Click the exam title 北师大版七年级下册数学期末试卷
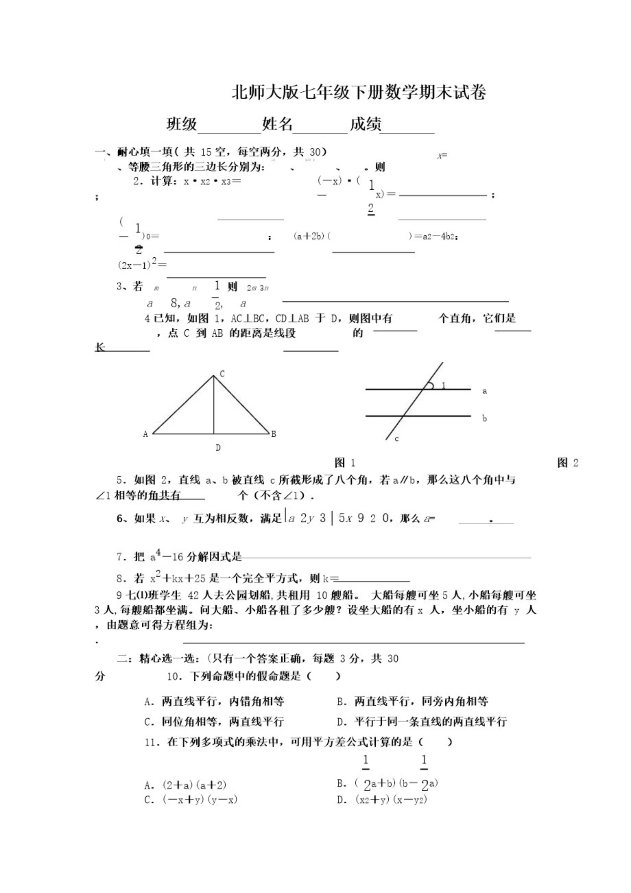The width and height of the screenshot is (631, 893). (x=359, y=93)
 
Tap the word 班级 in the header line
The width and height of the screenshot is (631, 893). (x=182, y=124)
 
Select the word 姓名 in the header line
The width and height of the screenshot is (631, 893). (x=277, y=124)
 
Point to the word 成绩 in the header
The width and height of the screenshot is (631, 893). (x=365, y=124)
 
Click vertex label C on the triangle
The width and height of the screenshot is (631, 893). (x=222, y=374)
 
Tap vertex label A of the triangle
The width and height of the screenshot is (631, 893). (x=146, y=434)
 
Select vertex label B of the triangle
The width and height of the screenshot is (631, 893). (x=273, y=434)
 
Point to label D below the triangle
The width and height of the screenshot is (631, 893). (x=218, y=448)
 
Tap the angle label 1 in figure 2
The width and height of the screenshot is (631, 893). (x=443, y=386)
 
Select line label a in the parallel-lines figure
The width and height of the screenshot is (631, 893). (x=484, y=391)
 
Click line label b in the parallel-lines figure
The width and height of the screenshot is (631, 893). (x=484, y=418)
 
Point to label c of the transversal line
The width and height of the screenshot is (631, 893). (x=396, y=439)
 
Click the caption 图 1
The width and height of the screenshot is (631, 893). (x=345, y=463)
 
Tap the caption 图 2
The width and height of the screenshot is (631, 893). (x=568, y=463)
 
